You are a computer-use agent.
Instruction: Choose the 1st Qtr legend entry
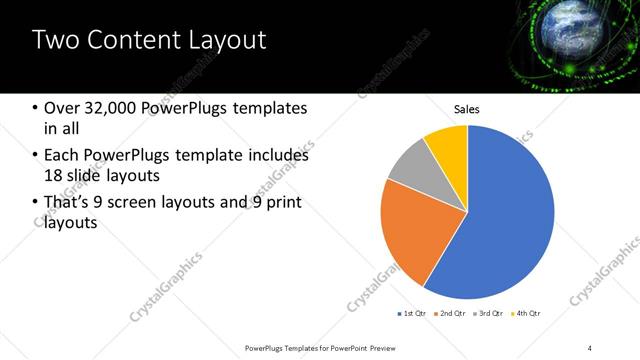point(412,314)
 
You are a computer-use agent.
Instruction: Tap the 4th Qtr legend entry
point(527,314)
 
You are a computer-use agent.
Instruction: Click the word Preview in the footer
point(387,347)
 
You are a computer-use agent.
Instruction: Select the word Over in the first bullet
point(61,108)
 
